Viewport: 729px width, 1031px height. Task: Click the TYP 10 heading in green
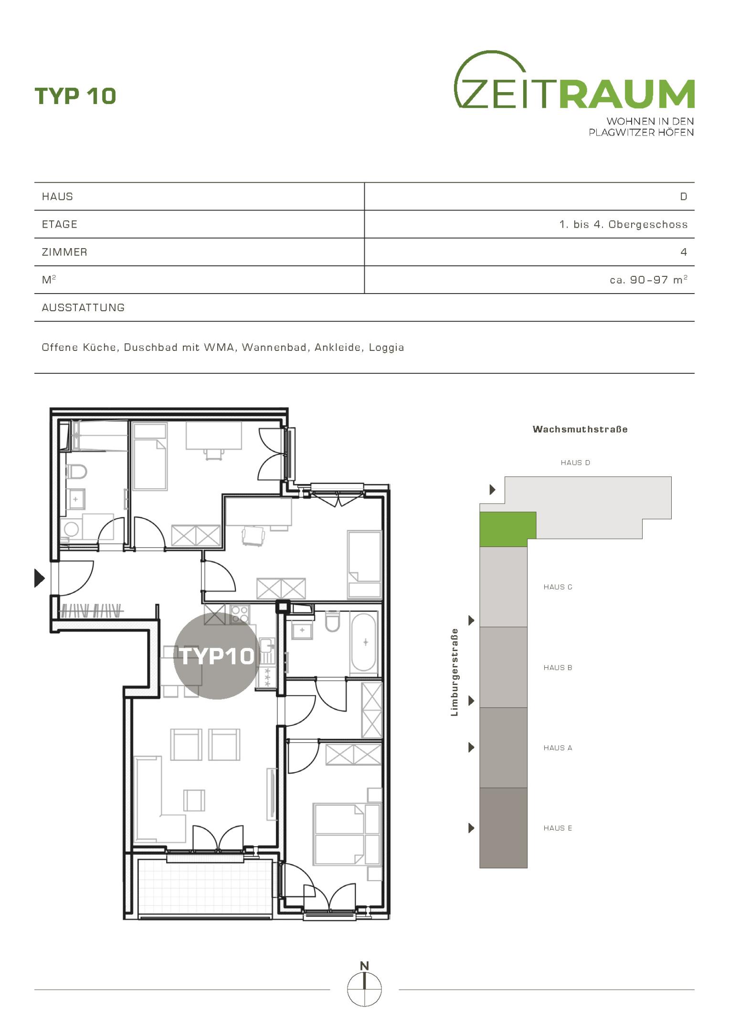[x=75, y=96]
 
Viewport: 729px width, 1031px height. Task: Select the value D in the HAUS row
[x=684, y=197]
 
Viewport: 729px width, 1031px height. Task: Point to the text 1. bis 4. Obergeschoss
[x=623, y=224]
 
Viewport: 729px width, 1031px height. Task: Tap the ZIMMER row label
[x=64, y=252]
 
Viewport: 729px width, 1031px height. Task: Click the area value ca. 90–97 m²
[x=648, y=280]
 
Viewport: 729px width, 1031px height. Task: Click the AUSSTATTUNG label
[x=83, y=307]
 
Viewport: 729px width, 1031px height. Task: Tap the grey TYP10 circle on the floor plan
[x=217, y=656]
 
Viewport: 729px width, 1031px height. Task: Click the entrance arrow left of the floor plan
[x=40, y=578]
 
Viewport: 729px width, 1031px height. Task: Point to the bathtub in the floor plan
[x=364, y=642]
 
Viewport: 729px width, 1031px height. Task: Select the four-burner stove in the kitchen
[x=240, y=614]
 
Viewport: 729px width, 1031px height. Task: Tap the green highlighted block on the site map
[x=507, y=529]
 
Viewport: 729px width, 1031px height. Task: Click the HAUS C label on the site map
[x=558, y=587]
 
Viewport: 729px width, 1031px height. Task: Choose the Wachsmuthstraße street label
[x=580, y=429]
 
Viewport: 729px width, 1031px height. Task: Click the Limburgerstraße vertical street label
[x=454, y=673]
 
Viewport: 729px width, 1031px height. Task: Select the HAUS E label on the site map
[x=558, y=828]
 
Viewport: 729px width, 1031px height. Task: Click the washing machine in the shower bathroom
[x=71, y=529]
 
